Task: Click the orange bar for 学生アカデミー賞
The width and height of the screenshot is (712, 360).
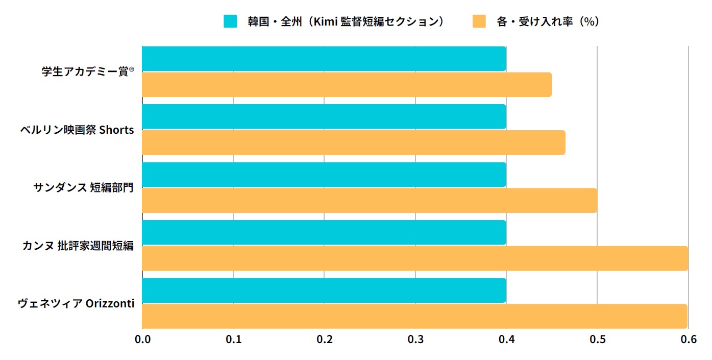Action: coord(347,85)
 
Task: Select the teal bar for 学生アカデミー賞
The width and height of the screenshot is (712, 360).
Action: coord(324,59)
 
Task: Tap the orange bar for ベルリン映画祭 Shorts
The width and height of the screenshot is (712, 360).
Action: coord(353,142)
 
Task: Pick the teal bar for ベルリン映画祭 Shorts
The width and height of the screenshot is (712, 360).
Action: coord(324,116)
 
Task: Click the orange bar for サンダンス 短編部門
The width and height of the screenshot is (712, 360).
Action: coord(370,200)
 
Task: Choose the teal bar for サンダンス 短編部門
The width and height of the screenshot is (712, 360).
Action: coord(324,175)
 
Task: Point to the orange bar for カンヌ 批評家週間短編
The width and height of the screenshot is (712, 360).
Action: coord(415,258)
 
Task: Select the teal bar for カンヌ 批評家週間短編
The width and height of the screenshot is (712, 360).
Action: coord(324,232)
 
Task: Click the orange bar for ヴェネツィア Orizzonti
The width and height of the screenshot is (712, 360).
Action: coord(414,316)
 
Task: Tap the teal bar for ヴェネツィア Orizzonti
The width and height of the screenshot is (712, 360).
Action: coord(324,290)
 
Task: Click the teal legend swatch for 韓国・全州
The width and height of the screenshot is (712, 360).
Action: coord(231,21)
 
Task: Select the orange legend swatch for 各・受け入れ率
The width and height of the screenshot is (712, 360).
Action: coord(479,21)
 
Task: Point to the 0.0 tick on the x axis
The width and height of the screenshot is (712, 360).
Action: coord(142,339)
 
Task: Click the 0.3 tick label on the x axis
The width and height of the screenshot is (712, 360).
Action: coord(415,339)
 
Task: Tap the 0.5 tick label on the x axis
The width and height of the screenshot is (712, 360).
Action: coord(598,339)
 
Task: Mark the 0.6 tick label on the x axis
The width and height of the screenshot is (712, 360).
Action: coord(689,339)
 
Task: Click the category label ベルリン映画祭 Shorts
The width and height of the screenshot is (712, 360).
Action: coord(77,130)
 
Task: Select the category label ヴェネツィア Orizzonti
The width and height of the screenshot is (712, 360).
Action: coord(76,303)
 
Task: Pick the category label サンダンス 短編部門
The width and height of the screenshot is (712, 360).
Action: coord(83,187)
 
